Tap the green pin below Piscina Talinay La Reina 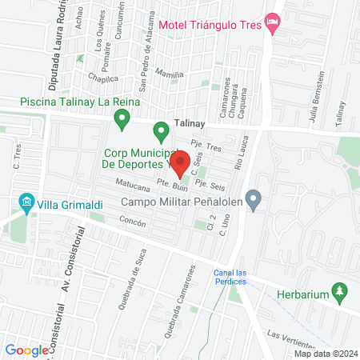coord(122,120)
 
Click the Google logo coord(26,350)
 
